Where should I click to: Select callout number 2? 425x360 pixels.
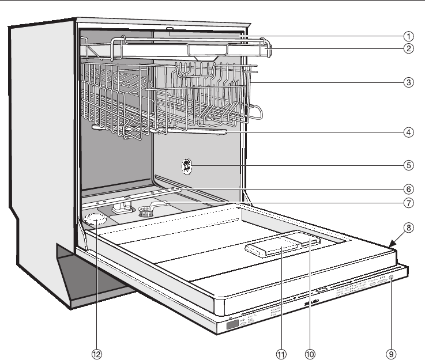click(408, 48)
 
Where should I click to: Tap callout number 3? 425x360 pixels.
click(408, 82)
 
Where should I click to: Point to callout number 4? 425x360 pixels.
click(408, 132)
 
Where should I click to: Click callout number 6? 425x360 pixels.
click(408, 188)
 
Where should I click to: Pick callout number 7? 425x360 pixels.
click(408, 203)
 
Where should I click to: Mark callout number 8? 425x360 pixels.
click(408, 227)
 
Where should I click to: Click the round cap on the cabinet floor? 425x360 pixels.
click(94, 218)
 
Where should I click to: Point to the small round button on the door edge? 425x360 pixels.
click(392, 278)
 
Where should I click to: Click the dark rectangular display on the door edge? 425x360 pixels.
click(232, 325)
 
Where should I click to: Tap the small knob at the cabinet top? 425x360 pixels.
click(170, 28)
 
